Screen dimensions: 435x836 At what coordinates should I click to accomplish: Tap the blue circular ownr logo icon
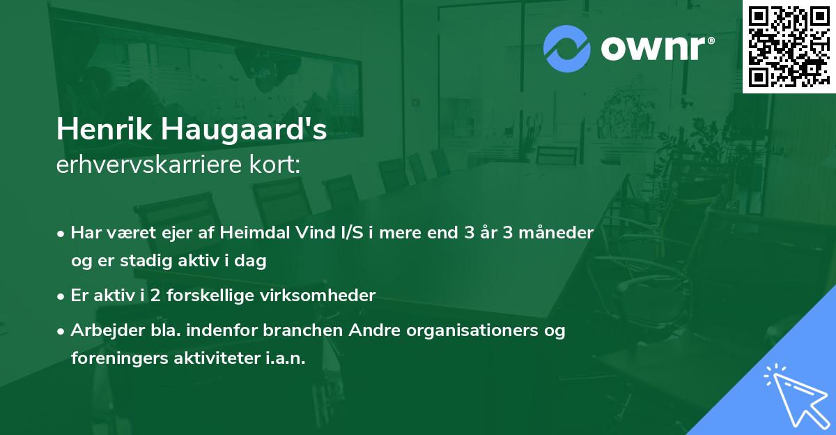(567, 48)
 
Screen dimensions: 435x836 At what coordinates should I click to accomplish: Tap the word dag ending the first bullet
(254, 261)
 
